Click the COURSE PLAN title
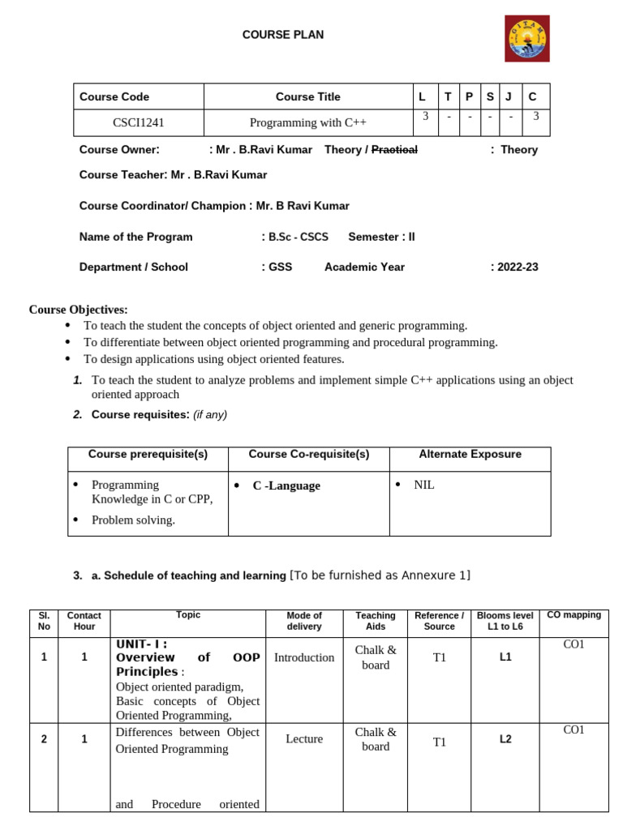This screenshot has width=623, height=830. coord(283,35)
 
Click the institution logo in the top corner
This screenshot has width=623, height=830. coord(527,38)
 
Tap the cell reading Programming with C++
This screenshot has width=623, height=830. coord(307,122)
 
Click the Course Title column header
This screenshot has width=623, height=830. coord(307,96)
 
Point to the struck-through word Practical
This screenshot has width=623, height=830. coord(394,149)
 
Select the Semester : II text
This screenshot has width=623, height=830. coord(381,237)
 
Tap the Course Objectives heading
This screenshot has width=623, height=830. coord(79,310)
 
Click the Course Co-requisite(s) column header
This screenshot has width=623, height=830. coord(308,455)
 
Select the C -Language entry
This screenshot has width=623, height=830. coord(286,486)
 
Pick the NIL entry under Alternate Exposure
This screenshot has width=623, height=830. coord(424,485)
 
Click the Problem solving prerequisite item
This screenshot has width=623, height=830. coord(133,520)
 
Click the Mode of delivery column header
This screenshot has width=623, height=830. coord(304,621)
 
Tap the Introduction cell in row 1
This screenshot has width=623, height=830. coord(304,657)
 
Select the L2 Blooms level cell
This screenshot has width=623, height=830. coord(505,739)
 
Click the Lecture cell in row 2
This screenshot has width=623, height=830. coord(304,739)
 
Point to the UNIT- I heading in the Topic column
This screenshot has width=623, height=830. coord(141,644)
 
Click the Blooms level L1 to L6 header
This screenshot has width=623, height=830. coord(505,621)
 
